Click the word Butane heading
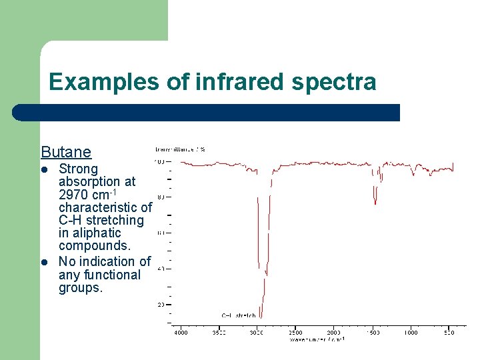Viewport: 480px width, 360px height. point(66,152)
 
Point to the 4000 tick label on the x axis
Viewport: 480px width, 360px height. point(181,332)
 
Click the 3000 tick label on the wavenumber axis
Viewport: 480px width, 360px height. point(257,332)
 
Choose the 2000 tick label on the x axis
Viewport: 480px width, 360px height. point(333,332)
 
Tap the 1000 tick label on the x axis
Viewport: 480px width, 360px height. point(410,332)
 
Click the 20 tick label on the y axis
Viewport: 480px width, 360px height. point(160,305)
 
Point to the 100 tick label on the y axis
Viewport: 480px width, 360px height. point(159,161)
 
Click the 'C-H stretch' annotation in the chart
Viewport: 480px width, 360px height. point(239,315)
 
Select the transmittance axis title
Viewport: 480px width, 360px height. point(180,149)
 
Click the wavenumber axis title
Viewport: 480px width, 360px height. point(317,339)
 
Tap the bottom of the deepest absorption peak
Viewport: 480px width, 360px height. point(261,316)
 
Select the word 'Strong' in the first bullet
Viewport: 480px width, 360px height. point(78,169)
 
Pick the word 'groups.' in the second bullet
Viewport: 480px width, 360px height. point(81,288)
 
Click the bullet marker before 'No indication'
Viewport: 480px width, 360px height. point(45,262)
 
